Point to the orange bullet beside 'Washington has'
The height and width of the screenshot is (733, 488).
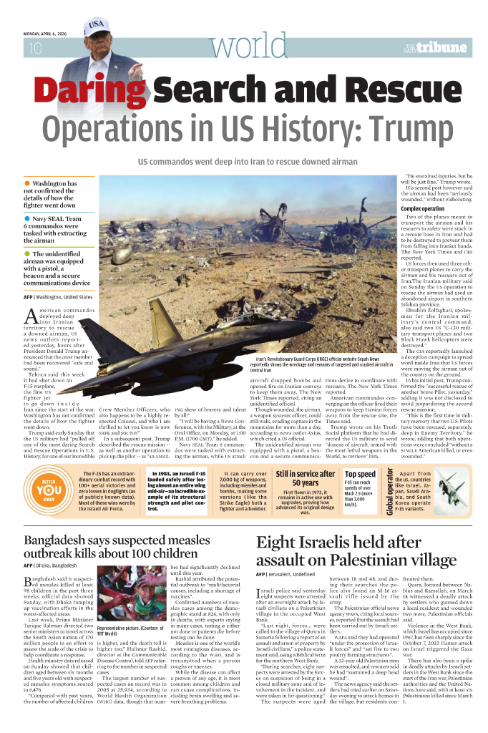26,184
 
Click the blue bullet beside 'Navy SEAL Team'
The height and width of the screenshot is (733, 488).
26,218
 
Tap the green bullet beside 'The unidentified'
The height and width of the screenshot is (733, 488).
26,253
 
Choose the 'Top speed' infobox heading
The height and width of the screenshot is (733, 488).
360,453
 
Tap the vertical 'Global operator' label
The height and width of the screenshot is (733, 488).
389,470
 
